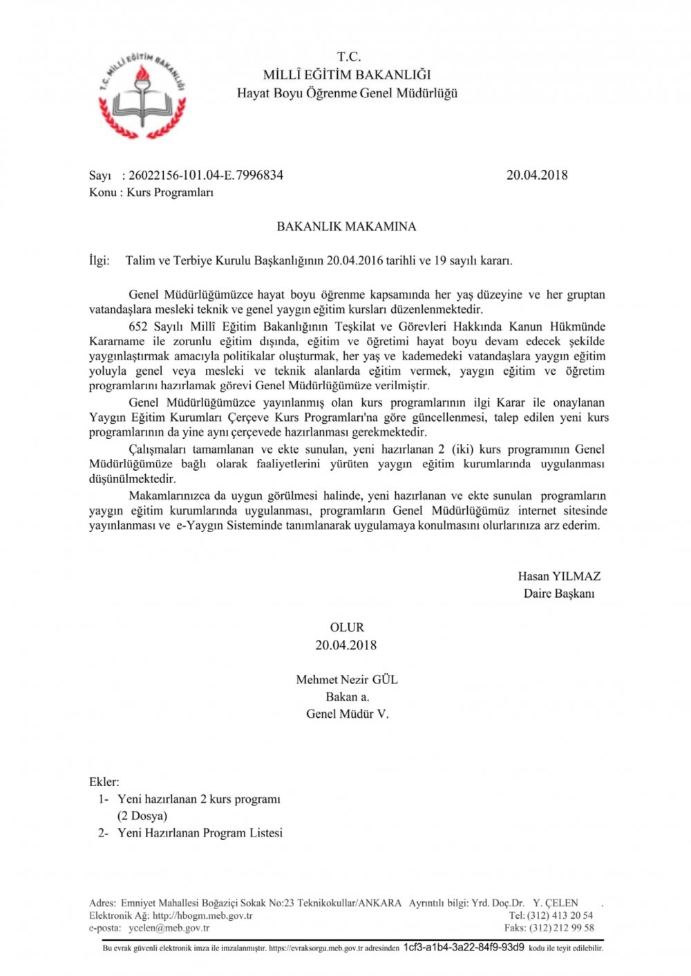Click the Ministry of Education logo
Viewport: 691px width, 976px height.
(x=142, y=95)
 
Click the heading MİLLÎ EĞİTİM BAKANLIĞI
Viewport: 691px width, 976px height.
(x=347, y=75)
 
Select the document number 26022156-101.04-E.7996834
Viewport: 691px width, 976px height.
(x=206, y=175)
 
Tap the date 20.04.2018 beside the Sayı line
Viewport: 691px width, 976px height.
(x=537, y=175)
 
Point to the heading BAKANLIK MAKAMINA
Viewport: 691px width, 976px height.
(x=346, y=226)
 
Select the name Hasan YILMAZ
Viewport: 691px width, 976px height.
(x=559, y=576)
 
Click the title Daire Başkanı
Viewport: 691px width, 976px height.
(x=559, y=594)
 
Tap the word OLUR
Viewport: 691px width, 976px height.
(x=347, y=627)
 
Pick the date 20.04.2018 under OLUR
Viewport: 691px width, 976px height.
(x=346, y=645)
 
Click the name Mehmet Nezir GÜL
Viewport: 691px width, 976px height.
(x=347, y=680)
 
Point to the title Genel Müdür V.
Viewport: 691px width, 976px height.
(x=348, y=714)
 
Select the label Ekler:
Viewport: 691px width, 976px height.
(x=104, y=782)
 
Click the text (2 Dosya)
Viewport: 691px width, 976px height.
(x=142, y=816)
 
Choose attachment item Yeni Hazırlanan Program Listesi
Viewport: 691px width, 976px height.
(x=200, y=833)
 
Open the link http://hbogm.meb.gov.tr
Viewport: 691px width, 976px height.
(x=202, y=916)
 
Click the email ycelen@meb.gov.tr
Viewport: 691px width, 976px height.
(x=169, y=928)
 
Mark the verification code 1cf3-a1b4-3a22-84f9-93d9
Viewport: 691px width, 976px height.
(x=464, y=947)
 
